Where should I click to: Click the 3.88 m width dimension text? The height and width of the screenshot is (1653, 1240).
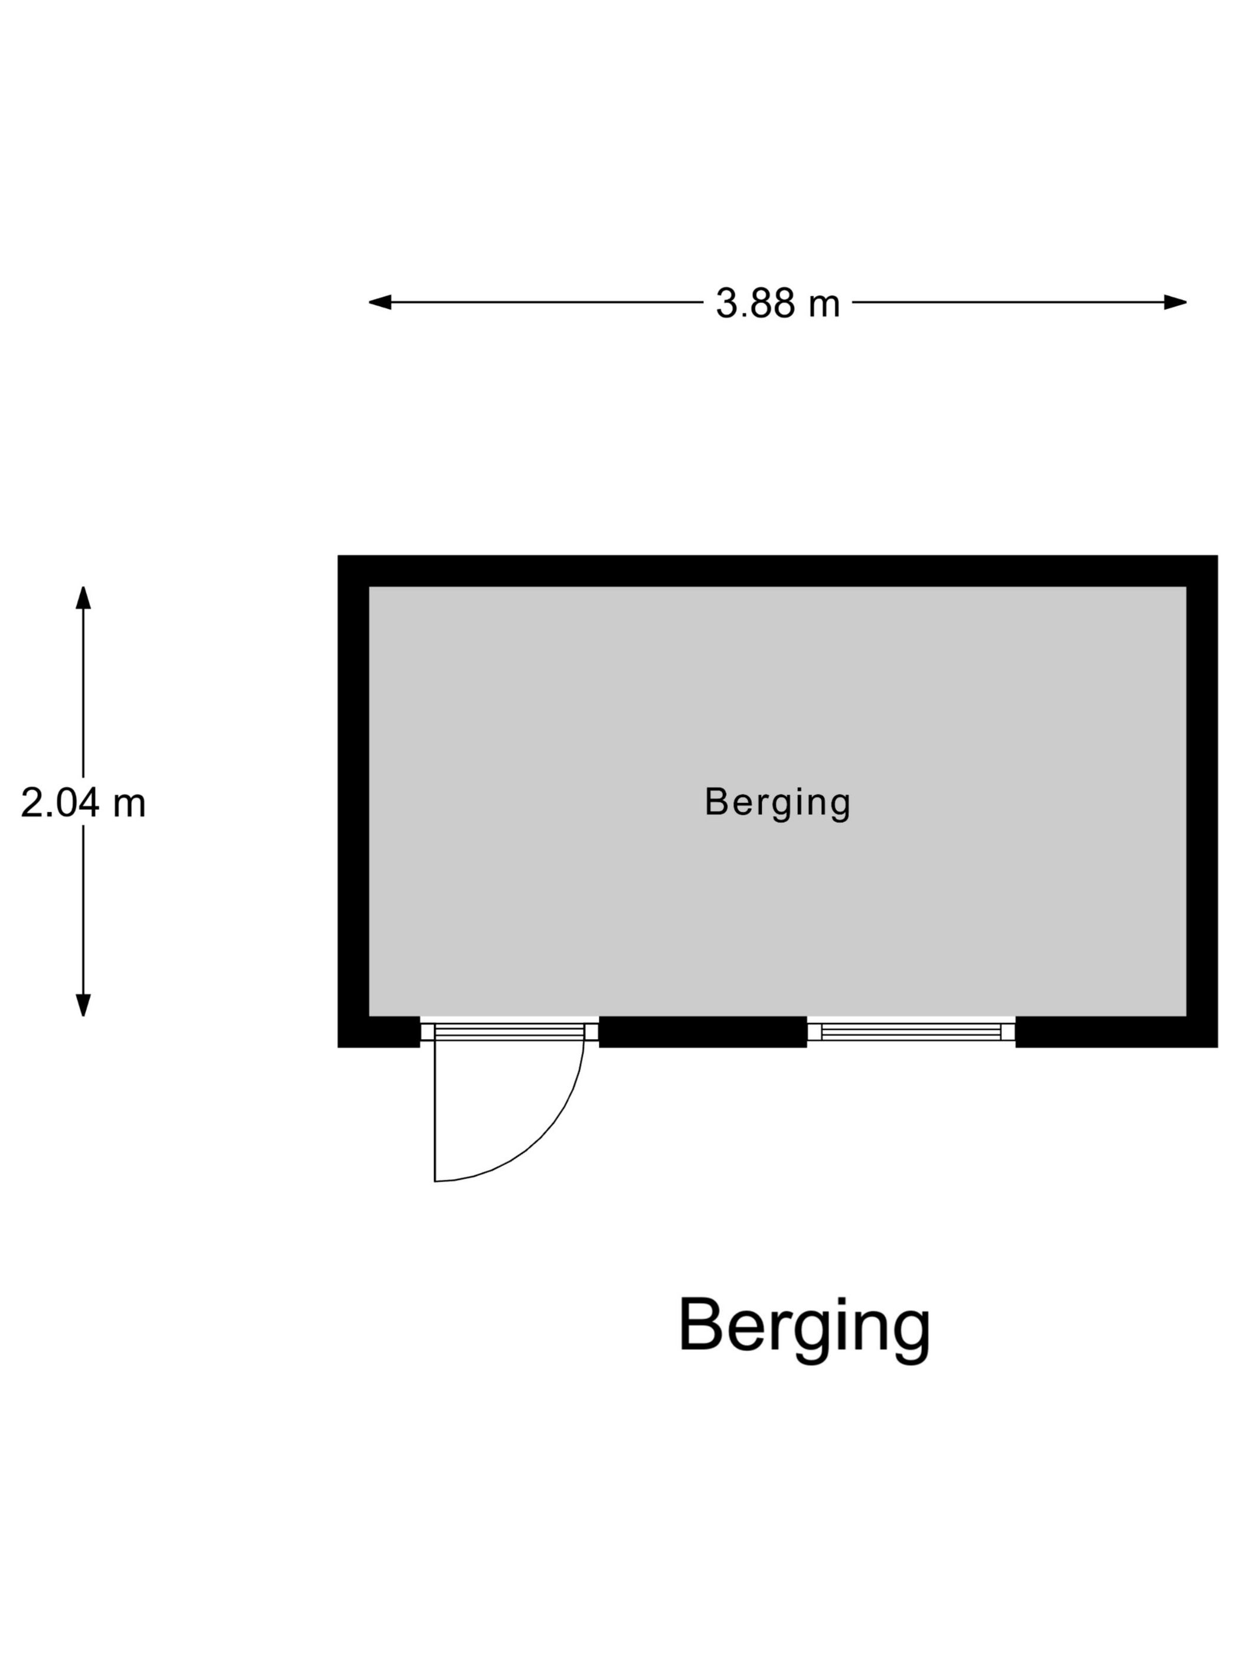777,303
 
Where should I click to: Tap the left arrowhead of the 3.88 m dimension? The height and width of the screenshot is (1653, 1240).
380,302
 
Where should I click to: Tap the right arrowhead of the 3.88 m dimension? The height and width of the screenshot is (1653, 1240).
1175,302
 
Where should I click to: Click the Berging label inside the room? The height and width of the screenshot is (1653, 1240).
777,802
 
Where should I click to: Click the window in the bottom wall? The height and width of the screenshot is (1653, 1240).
911,1032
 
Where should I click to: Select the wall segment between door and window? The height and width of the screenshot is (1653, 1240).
703,1032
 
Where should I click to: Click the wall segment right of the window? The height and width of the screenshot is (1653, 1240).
1116,1032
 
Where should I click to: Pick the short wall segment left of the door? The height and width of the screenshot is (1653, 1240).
379,1032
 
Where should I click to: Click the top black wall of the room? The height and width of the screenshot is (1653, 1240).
777,571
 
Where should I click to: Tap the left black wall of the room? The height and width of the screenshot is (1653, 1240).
354,801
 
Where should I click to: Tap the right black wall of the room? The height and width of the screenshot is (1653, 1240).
1202,801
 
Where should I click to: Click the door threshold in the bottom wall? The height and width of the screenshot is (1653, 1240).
509,1032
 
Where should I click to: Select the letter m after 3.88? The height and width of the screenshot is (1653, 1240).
824,306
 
